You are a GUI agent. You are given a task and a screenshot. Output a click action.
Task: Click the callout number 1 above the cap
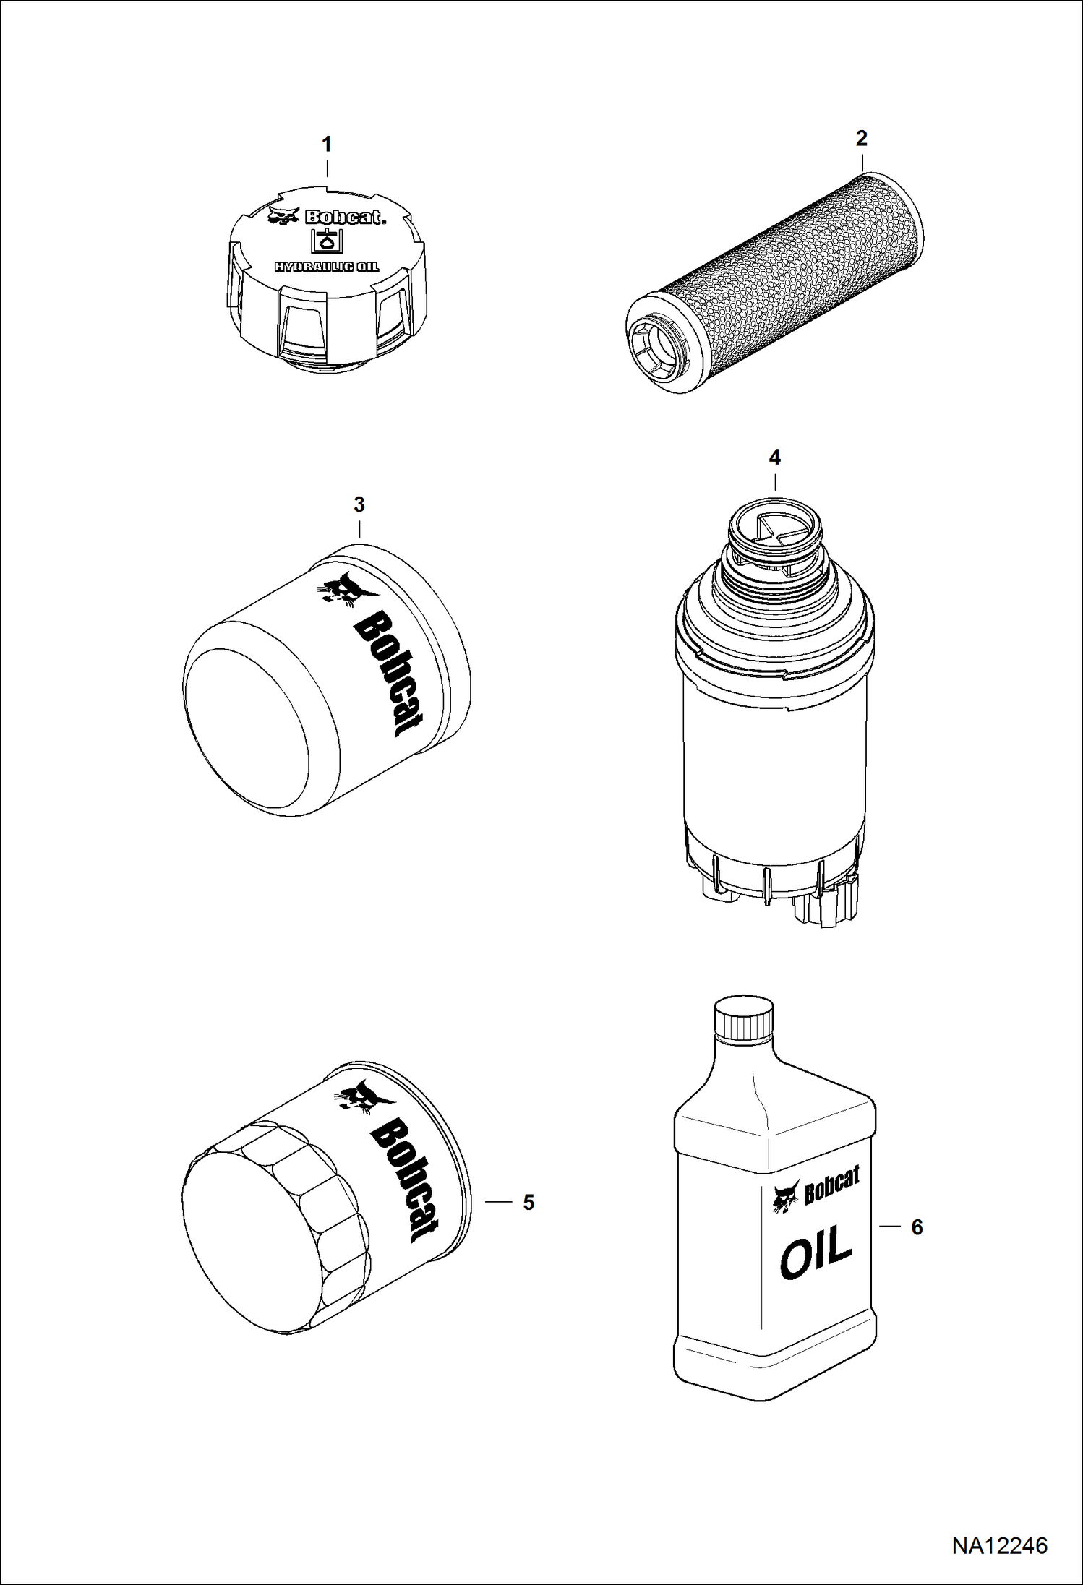pyautogui.click(x=327, y=145)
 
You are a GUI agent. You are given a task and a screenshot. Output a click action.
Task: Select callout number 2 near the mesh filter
pyautogui.click(x=861, y=139)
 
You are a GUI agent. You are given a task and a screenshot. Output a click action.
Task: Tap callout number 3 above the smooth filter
pyautogui.click(x=359, y=504)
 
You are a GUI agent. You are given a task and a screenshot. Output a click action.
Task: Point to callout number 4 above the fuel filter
pyautogui.click(x=775, y=458)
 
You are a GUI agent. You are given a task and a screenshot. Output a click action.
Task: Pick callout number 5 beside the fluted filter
pyautogui.click(x=528, y=1202)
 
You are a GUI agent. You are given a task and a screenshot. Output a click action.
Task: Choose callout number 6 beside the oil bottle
pyautogui.click(x=917, y=1227)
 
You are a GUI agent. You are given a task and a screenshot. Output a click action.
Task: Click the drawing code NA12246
pyautogui.click(x=999, y=1540)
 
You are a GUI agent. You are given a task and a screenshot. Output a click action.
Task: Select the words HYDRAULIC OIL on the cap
pyautogui.click(x=326, y=267)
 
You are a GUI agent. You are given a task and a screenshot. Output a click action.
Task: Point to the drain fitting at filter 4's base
pyautogui.click(x=826, y=908)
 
